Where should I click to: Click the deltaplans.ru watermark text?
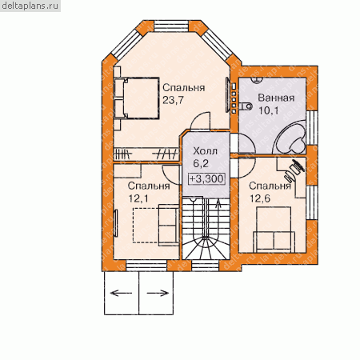30,6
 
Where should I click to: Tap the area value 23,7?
173,100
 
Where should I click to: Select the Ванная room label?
276,98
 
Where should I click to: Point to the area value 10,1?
268,110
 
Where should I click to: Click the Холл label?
206,151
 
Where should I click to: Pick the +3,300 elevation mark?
206,178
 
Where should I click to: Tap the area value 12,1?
138,198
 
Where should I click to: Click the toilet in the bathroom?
246,106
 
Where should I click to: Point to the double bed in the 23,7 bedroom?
137,98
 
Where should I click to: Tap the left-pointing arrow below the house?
121,293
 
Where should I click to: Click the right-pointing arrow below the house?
158,293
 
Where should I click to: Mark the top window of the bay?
172,26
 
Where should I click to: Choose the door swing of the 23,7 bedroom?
200,121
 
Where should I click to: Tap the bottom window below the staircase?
205,266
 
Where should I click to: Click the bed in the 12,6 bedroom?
274,230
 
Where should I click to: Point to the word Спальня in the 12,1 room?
149,186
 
